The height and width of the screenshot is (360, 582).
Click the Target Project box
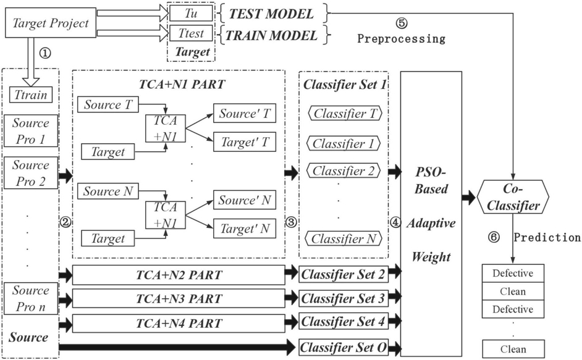51,23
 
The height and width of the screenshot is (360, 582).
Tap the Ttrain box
31,95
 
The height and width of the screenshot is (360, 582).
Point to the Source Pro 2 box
31,173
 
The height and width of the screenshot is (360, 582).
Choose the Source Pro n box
31,298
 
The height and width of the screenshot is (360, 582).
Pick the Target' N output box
245,228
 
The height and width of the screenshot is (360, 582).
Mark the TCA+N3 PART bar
179,299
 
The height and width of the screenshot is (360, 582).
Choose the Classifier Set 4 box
344,322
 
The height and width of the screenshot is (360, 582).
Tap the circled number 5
402,23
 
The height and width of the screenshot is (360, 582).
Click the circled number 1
44,53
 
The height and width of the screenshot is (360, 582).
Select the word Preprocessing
401,38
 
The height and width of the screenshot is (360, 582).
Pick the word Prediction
547,237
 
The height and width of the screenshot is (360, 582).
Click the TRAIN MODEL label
271,35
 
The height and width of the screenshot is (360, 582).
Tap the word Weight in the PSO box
431,257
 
